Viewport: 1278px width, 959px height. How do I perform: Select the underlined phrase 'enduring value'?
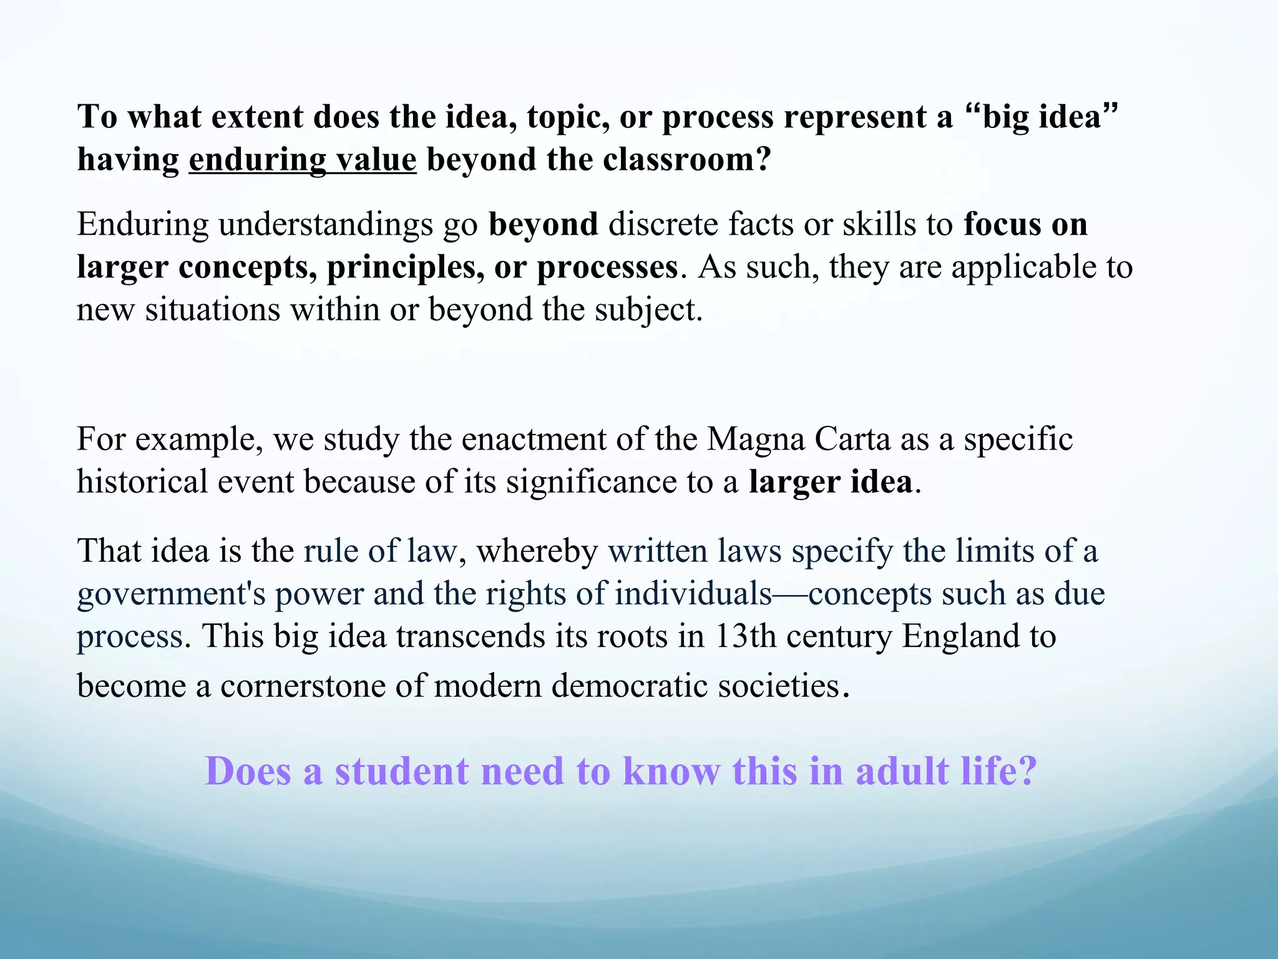pos(303,160)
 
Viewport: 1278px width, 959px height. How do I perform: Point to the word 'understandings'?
pos(326,224)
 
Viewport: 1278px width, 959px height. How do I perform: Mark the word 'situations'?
pos(213,310)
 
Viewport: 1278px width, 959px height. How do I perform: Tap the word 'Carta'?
pos(852,439)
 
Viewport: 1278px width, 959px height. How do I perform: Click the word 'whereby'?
pos(537,551)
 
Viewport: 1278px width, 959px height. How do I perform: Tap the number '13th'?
pos(744,636)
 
